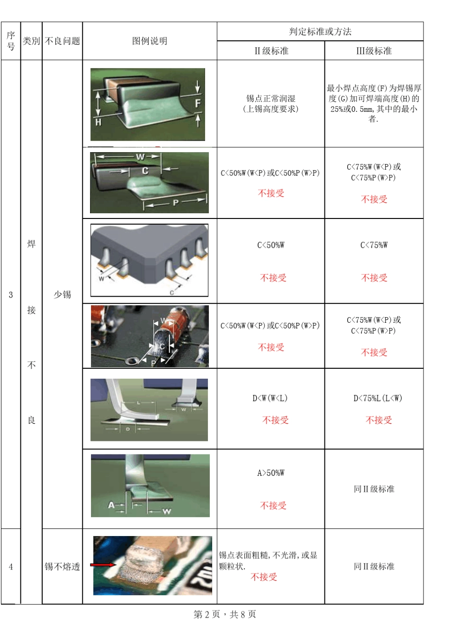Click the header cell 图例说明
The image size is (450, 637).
[x=150, y=41]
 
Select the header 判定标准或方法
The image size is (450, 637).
[x=320, y=32]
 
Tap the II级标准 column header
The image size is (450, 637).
[x=271, y=51]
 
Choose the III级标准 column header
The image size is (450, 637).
[x=374, y=51]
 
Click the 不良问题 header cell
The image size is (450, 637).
[x=62, y=41]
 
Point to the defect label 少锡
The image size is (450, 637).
[x=62, y=294]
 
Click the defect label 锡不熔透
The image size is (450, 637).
[x=62, y=566]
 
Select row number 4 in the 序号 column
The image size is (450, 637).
[x=11, y=566]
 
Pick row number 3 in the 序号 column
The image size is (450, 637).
[x=11, y=294]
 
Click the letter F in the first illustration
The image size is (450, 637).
[x=198, y=103]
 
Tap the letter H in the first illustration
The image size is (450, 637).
[x=98, y=122]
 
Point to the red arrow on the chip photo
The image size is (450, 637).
[x=102, y=564]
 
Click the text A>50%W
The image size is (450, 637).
[x=271, y=473]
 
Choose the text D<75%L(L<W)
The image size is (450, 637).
[x=378, y=398]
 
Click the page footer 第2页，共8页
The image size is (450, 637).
[x=225, y=614]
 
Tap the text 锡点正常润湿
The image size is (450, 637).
[x=270, y=99]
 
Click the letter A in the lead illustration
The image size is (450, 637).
[x=111, y=505]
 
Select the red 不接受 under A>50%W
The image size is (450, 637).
[x=273, y=506]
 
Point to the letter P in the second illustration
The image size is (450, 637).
[x=175, y=203]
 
